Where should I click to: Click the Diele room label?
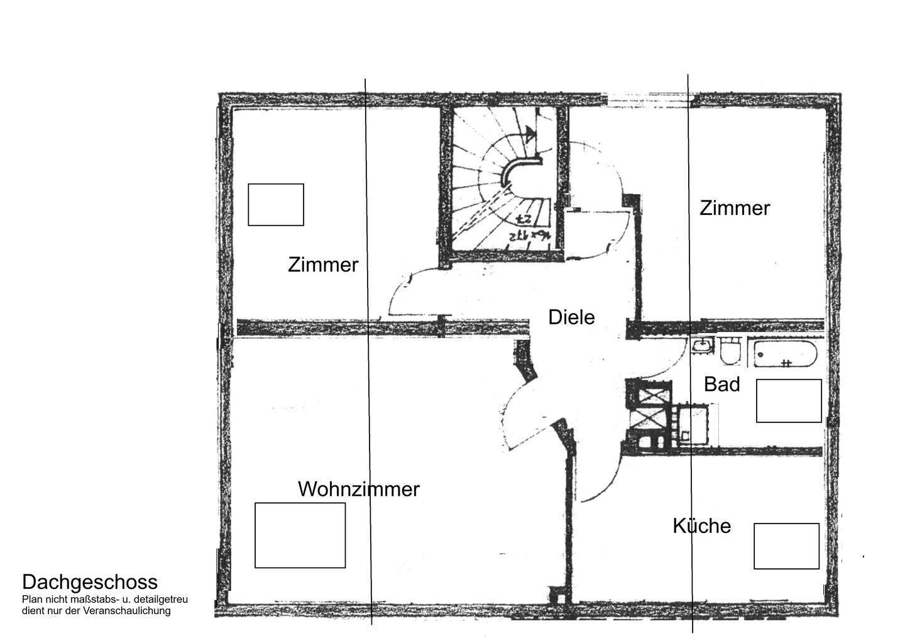click(571, 317)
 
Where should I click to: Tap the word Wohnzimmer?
click(358, 489)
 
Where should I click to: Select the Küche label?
click(701, 525)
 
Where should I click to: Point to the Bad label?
click(721, 384)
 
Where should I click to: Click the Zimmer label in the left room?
click(323, 265)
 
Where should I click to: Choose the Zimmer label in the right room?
click(735, 208)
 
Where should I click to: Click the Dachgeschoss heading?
click(90, 582)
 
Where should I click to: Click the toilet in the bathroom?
click(730, 352)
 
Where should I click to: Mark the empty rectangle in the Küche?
click(786, 546)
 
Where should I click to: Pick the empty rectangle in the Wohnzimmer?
click(300, 535)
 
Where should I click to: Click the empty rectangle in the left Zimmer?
click(276, 204)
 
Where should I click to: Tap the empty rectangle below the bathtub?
click(789, 400)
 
